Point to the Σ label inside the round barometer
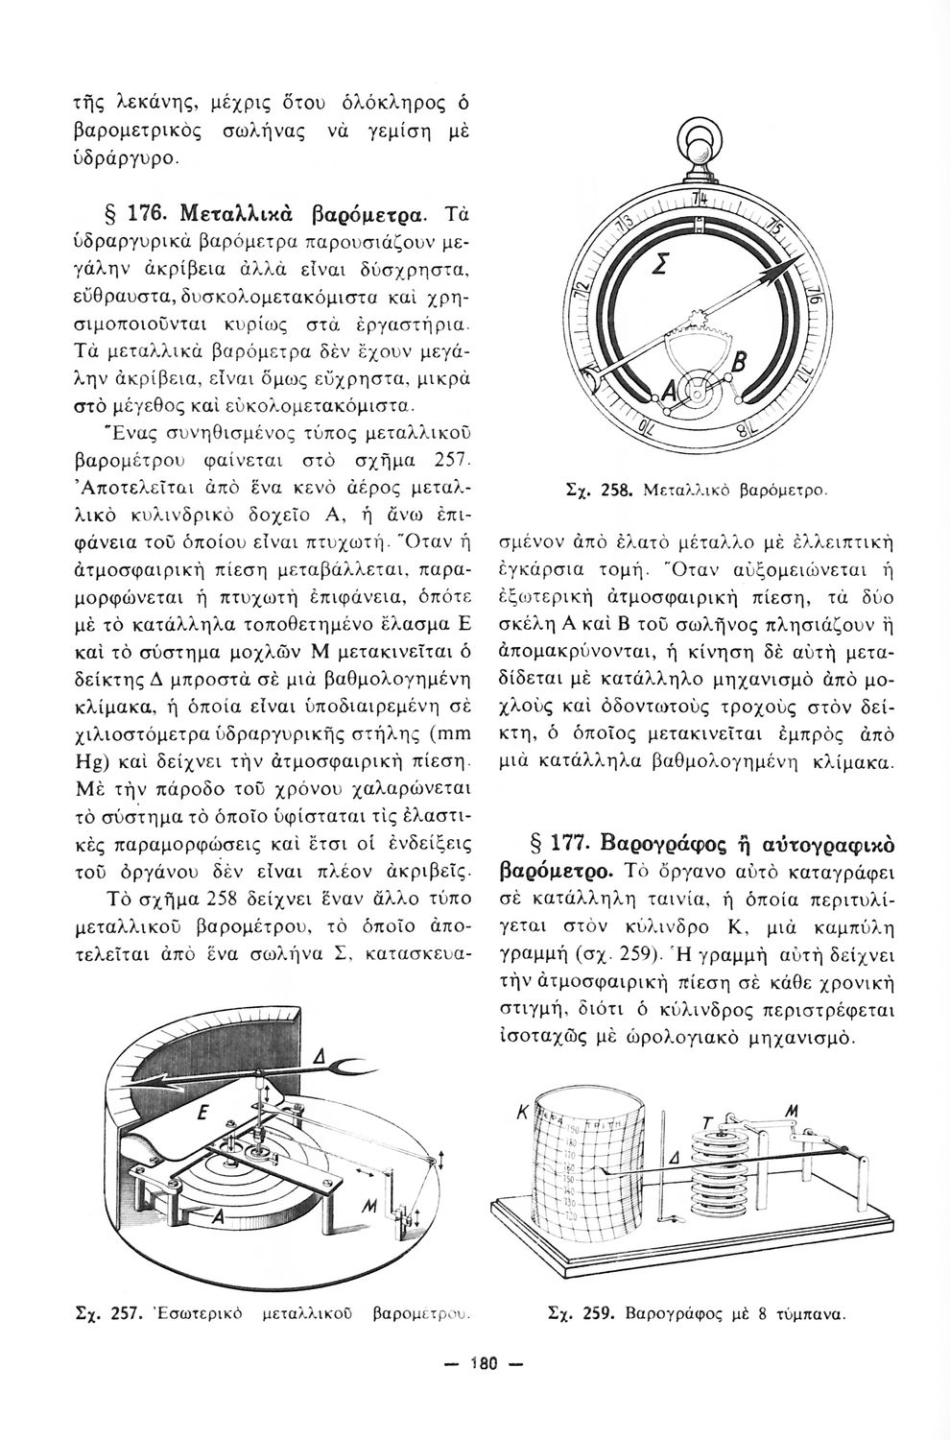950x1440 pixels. pos(661,266)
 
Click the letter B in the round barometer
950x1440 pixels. pos(742,362)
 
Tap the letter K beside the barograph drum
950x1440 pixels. pos(523,1115)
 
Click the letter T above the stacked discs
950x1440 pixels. pos(707,1124)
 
